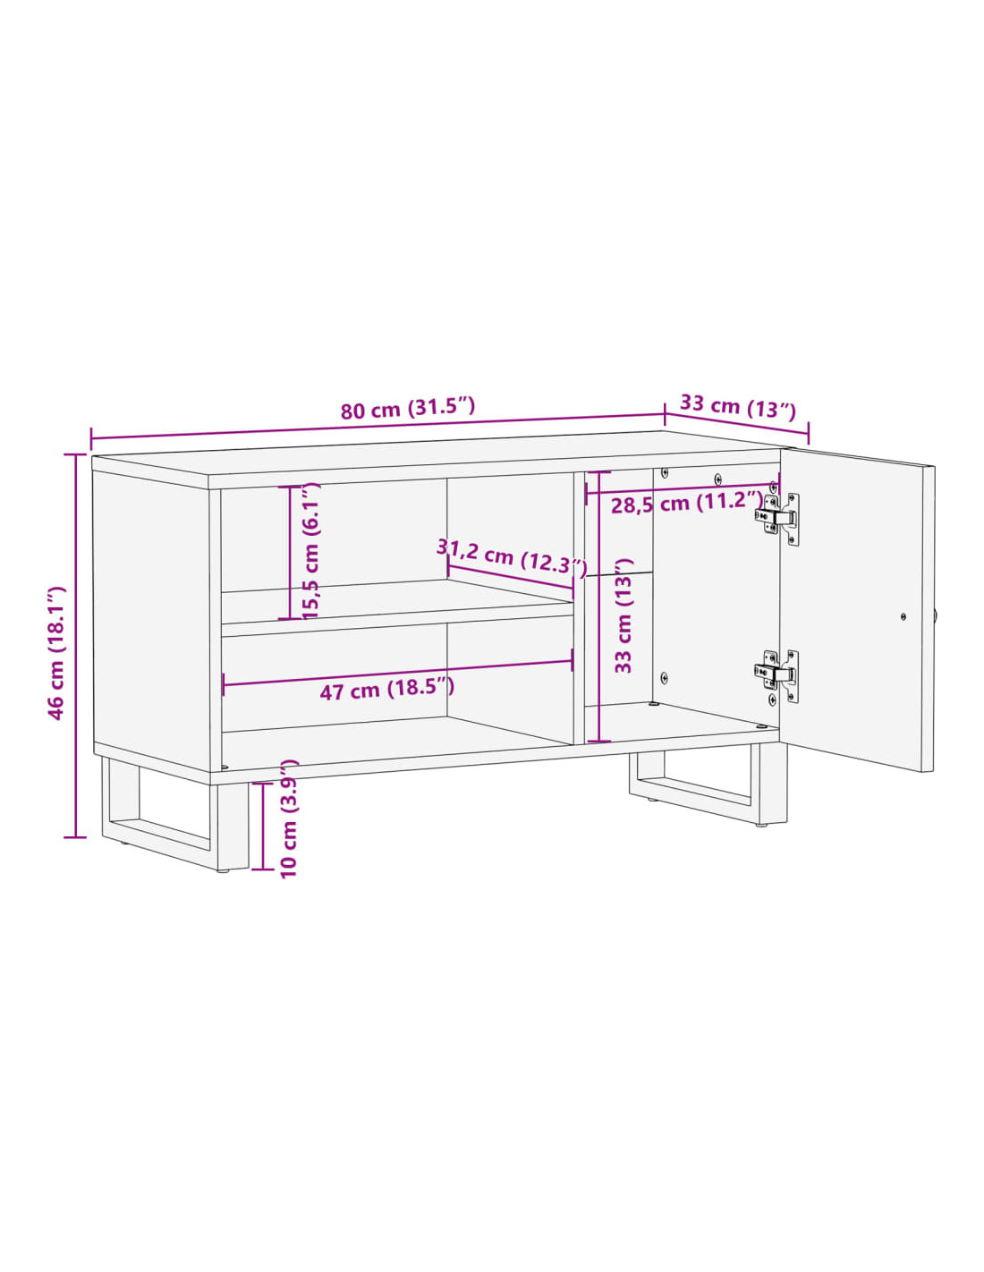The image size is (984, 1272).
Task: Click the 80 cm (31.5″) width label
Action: (407, 408)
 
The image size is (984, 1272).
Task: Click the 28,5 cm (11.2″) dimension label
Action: (687, 503)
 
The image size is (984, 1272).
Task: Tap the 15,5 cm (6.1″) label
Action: (310, 550)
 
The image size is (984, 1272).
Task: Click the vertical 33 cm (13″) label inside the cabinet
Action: (625, 615)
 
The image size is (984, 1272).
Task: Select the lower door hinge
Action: (777, 675)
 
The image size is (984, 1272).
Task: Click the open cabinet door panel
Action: (857, 609)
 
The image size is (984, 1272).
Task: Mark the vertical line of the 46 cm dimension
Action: (75, 646)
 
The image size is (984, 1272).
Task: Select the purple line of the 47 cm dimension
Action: (397, 673)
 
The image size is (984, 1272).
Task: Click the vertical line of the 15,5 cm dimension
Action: (290, 552)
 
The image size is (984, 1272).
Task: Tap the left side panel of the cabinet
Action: (151, 621)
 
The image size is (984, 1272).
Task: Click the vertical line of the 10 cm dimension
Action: (263, 826)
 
